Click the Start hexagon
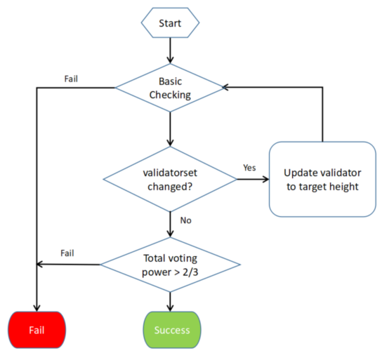[170, 23]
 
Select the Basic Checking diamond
[170, 88]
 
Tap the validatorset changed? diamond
[170, 179]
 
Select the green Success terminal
[170, 329]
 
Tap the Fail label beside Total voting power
[68, 253]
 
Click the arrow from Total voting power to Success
[170, 300]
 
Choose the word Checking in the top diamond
[170, 95]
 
